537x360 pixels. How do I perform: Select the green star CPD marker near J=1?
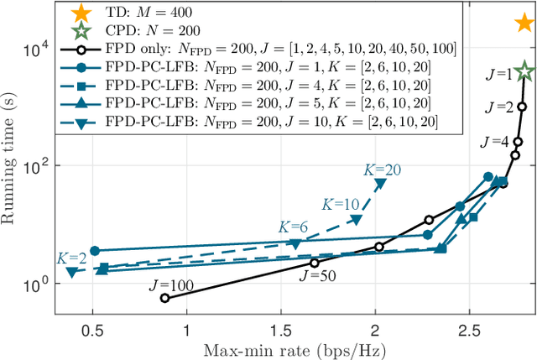524,72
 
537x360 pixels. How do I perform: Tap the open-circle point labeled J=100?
164,298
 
